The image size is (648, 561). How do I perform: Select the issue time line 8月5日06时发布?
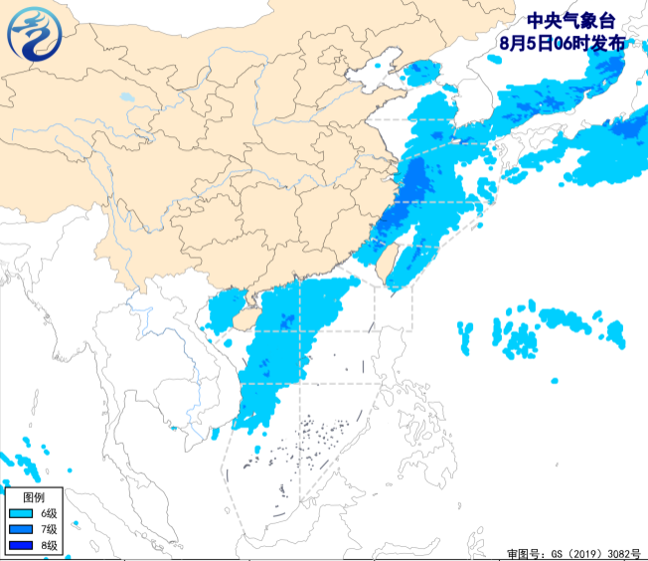coord(564,43)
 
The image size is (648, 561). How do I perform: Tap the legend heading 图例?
coord(33,496)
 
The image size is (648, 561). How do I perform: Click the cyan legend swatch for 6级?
coord(20,513)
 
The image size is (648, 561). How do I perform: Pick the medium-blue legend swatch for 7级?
coord(20,529)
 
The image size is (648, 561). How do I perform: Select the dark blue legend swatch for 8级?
coord(20,545)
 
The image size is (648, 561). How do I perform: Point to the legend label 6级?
coord(49,513)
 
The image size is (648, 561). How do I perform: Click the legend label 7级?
coord(49,529)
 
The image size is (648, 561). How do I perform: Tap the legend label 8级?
coord(49,545)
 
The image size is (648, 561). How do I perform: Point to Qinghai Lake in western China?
coord(125,98)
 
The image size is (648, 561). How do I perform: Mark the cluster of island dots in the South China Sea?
coord(318,438)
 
